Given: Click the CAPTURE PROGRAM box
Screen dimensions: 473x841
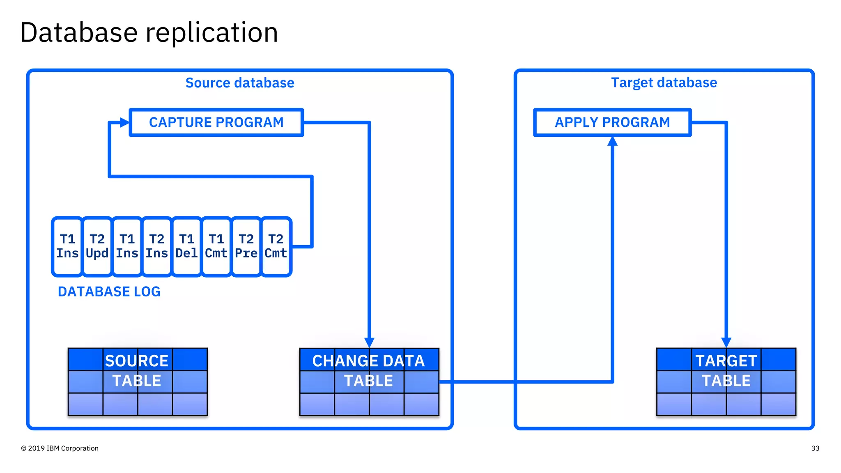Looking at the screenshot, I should click(x=216, y=122).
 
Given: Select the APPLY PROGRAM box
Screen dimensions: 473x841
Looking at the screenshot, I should click(x=612, y=122).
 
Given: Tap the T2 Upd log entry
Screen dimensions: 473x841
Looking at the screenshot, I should click(x=97, y=246).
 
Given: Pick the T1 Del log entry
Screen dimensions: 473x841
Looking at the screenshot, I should click(x=186, y=246).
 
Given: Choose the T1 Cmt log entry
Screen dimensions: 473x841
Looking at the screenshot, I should click(x=216, y=246).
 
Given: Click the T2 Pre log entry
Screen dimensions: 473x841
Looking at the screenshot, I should click(x=246, y=246).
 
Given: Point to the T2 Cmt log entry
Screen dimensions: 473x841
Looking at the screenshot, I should click(x=276, y=246).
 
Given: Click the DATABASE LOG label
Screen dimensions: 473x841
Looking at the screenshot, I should click(x=109, y=292).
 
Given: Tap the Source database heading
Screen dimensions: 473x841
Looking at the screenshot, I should click(x=240, y=83).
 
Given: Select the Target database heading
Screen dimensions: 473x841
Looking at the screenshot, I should click(x=664, y=83).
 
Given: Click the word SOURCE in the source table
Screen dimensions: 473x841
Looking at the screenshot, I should click(x=137, y=360).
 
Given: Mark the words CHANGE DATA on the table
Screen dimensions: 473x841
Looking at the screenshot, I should click(x=368, y=360).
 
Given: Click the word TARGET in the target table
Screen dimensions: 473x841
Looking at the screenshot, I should click(x=726, y=360).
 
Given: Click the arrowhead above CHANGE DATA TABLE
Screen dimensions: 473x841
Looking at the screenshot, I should click(x=369, y=342).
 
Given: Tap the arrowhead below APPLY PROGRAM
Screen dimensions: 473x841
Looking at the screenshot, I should click(x=612, y=142).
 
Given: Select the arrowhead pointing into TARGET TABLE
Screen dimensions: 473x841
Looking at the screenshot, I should click(x=726, y=342).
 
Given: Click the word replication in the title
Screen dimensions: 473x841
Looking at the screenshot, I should click(x=212, y=33).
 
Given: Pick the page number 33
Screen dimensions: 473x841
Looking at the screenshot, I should click(x=815, y=448).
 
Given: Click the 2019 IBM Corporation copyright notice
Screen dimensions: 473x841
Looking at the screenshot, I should click(x=60, y=448).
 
